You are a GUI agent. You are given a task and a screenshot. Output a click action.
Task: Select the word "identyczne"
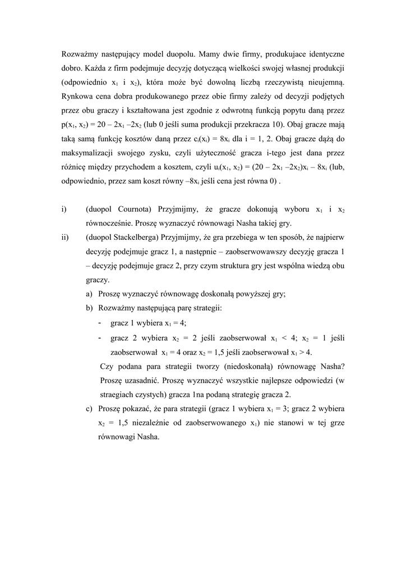(324, 54)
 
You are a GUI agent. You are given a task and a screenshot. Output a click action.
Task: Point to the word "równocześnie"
(108, 223)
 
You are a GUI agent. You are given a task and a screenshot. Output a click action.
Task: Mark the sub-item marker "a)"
(89, 294)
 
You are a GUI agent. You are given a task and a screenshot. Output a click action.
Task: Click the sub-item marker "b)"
(89, 308)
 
